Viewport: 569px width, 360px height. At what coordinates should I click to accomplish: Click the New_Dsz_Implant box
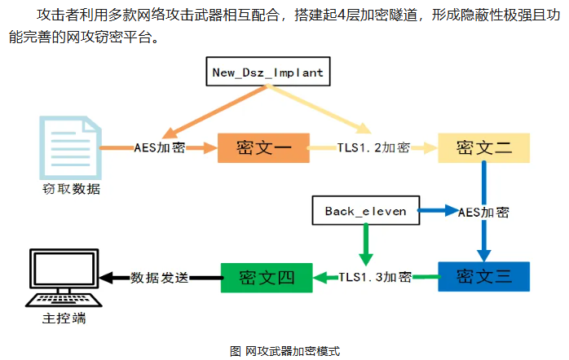[267, 72]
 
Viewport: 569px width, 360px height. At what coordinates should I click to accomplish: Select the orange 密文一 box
[263, 147]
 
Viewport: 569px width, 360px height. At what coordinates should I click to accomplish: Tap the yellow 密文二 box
[484, 147]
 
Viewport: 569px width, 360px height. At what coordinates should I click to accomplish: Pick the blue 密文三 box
[484, 276]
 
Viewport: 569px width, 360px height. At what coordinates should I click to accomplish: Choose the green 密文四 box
[267, 276]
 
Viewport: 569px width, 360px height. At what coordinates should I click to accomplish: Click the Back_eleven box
[365, 212]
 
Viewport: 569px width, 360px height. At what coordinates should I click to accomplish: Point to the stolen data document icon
[69, 147]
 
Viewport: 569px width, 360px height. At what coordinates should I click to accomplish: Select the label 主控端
[64, 318]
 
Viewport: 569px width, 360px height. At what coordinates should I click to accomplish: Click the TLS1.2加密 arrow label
[373, 148]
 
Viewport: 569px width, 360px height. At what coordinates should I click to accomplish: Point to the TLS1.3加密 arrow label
[375, 277]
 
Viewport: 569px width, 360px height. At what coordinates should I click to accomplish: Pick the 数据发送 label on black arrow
[160, 277]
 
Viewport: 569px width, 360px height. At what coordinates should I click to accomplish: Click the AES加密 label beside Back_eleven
[483, 212]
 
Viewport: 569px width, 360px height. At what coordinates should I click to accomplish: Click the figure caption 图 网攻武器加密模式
[284, 351]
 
